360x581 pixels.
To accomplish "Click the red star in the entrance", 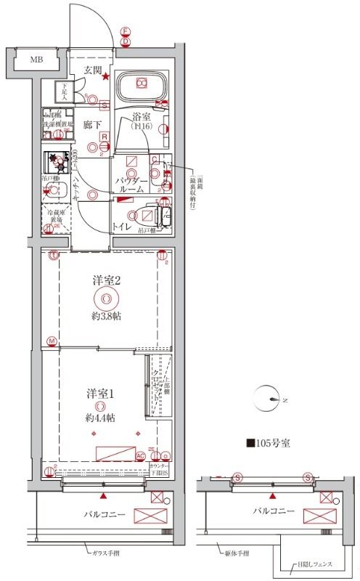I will [106, 76].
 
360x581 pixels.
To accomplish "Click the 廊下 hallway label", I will [93, 124].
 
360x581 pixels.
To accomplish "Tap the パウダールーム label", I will [132, 184].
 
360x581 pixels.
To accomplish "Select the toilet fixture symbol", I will [151, 216].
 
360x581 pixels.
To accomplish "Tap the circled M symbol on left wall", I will [51, 341].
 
